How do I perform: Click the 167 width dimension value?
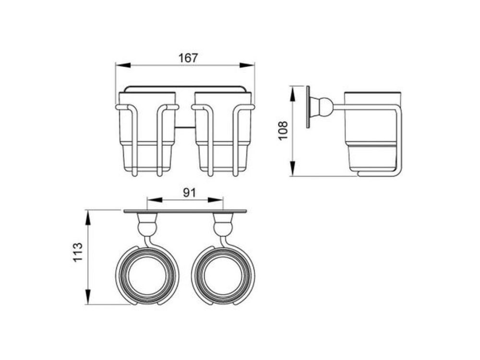point(188,58)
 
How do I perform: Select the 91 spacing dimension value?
point(188,192)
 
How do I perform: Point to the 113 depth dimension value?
point(78,252)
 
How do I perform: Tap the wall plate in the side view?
point(308,107)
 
